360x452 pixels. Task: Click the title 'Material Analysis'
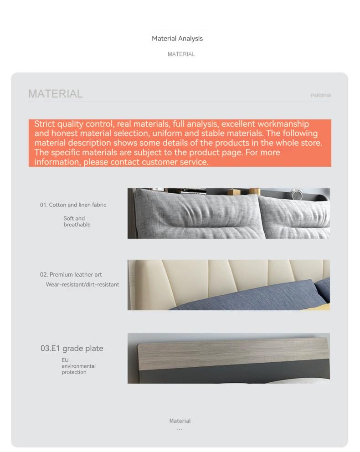coord(177,39)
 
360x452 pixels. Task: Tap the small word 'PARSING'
coord(321,96)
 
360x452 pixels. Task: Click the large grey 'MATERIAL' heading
coord(56,94)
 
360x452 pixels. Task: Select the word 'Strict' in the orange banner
coord(44,124)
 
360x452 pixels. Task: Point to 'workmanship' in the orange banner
coord(283,124)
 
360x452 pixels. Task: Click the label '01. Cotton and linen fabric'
coord(73,205)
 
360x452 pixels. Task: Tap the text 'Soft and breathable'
coord(77,221)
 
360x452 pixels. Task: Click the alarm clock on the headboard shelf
coord(297,194)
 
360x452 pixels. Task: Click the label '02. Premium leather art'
coord(71,275)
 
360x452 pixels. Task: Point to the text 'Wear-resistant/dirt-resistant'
coord(82,285)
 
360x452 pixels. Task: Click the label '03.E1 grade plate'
coord(72,349)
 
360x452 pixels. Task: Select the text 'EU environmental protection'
coord(78,366)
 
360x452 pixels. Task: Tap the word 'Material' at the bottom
coord(180,421)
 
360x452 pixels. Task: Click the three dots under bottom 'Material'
coord(180,429)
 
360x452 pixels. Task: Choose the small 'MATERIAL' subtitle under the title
coord(181,54)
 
